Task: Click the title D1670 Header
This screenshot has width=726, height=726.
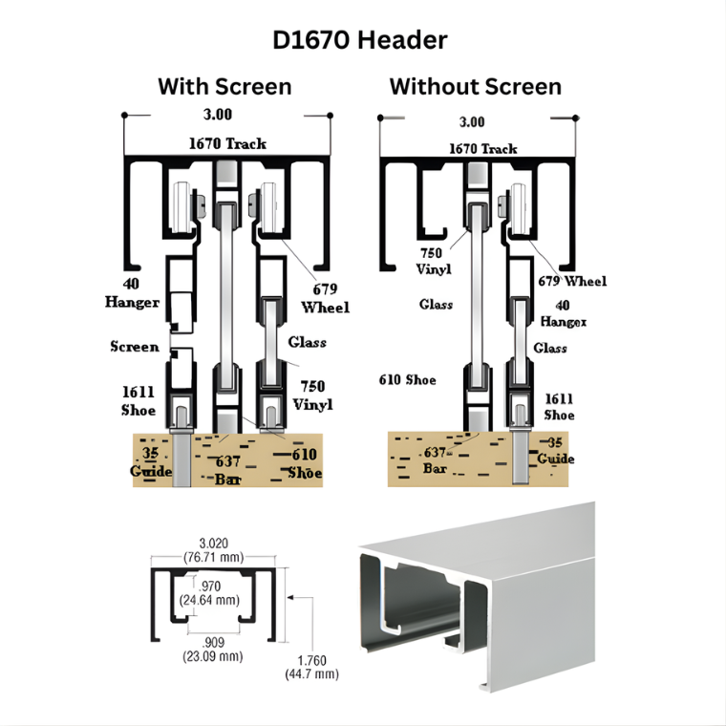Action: click(x=360, y=40)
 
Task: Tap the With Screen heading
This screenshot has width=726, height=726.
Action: click(x=224, y=87)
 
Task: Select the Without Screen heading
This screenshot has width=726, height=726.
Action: click(x=476, y=87)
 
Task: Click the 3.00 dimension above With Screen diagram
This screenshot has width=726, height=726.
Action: click(x=218, y=115)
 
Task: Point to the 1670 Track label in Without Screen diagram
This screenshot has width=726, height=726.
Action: click(x=483, y=149)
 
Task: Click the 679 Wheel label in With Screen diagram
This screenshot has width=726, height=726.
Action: click(x=325, y=298)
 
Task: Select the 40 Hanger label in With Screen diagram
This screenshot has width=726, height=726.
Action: click(x=132, y=292)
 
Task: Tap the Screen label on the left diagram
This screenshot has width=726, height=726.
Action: click(x=135, y=347)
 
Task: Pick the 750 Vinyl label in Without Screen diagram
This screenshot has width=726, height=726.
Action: click(x=434, y=261)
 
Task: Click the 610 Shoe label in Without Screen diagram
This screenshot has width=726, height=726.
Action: click(x=408, y=379)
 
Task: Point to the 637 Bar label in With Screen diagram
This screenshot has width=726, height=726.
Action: click(x=227, y=470)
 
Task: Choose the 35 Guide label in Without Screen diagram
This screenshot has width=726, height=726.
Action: click(x=556, y=451)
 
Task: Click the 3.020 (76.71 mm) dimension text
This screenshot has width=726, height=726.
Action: click(x=213, y=550)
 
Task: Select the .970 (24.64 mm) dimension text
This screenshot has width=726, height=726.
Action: click(x=210, y=593)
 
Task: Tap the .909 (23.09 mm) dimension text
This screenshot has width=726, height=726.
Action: click(x=213, y=650)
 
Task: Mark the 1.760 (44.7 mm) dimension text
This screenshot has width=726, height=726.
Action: click(x=312, y=667)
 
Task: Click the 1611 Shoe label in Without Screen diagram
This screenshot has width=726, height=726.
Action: click(x=560, y=407)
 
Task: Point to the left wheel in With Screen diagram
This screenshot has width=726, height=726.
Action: click(x=181, y=207)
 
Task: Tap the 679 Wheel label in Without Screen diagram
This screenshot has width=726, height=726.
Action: click(x=572, y=281)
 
